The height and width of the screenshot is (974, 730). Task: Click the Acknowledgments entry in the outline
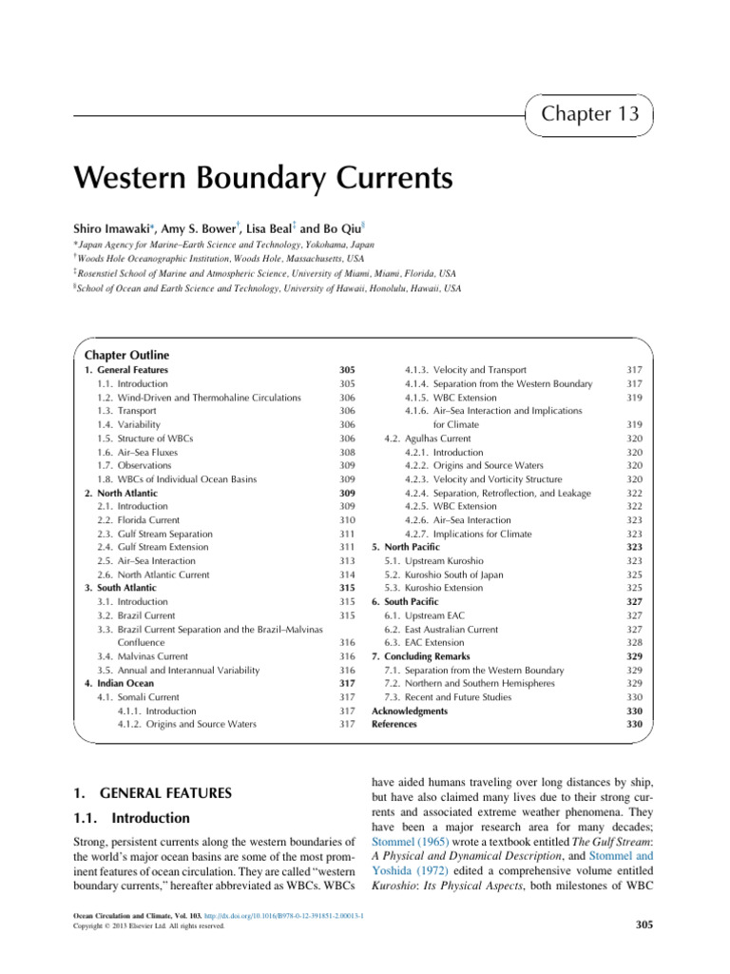pyautogui.click(x=410, y=711)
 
